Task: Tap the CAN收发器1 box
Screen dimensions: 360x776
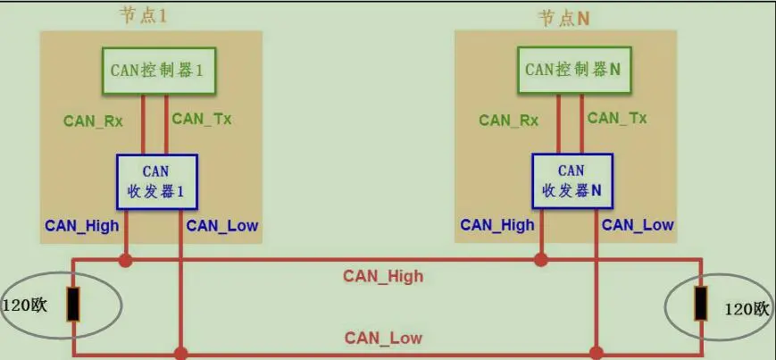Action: coord(157,181)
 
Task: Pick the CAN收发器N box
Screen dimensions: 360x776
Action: coord(572,181)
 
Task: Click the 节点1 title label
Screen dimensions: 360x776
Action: coord(144,16)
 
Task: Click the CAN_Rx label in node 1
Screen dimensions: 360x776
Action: coord(93,121)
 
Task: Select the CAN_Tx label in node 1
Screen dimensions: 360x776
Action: coord(202,119)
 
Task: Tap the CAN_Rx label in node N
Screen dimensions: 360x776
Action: coord(508,121)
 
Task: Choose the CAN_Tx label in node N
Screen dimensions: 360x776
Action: coord(617,118)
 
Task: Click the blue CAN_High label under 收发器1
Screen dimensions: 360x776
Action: coord(82,225)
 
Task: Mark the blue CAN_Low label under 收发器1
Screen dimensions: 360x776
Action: coord(222,225)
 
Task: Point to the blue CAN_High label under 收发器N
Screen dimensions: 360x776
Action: coord(497,225)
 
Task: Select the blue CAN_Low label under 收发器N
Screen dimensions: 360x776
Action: coord(638,225)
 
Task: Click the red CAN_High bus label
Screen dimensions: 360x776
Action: coord(383,276)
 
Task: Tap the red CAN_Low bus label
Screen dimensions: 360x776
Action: coord(383,338)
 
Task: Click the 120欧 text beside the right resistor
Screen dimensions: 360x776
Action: coord(747,309)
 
